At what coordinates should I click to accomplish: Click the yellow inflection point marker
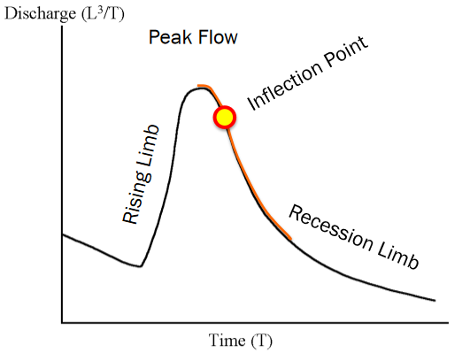click(x=225, y=117)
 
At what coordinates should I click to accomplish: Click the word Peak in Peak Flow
click(x=170, y=37)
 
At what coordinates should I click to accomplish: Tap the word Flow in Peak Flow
click(x=217, y=37)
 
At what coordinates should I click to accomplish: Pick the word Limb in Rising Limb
click(x=148, y=145)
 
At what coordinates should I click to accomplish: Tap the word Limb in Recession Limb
click(x=398, y=257)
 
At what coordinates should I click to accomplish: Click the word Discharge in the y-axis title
click(x=41, y=14)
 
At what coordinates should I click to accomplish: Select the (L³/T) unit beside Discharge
click(x=103, y=14)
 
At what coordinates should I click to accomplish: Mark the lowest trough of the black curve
click(x=140, y=266)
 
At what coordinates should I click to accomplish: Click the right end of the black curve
click(x=435, y=301)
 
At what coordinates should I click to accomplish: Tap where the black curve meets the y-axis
click(x=62, y=234)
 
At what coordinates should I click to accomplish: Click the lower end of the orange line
click(x=290, y=239)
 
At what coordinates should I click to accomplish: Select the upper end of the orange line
click(x=198, y=86)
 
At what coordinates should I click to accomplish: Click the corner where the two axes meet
click(x=62, y=323)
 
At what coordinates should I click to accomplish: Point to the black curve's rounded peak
click(x=197, y=89)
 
